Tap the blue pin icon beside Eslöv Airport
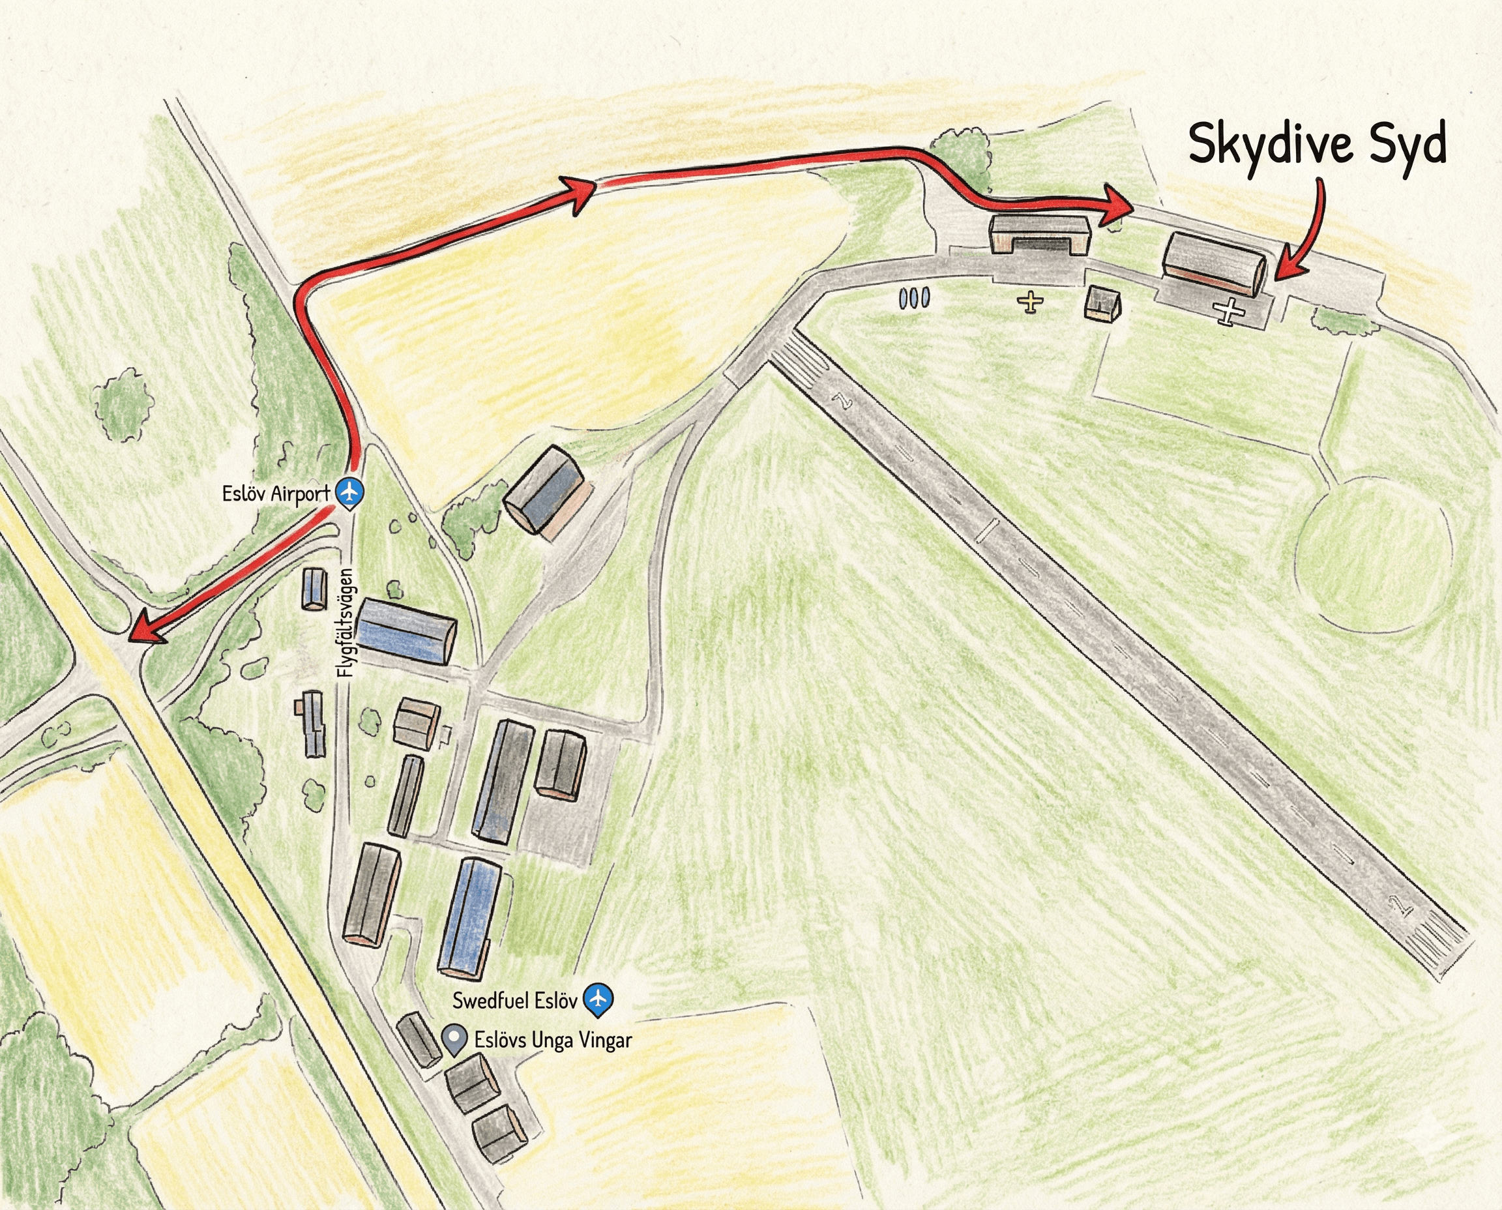(350, 492)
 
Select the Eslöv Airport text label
(276, 494)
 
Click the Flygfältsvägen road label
(346, 623)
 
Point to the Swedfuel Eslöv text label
(515, 1001)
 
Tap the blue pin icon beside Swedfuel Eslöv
(597, 999)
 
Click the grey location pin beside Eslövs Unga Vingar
(455, 1040)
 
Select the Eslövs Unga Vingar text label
(553, 1040)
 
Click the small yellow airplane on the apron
(1030, 302)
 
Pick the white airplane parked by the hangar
(1230, 310)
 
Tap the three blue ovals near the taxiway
(914, 299)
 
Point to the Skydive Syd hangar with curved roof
(1213, 264)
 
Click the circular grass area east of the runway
(1373, 555)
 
